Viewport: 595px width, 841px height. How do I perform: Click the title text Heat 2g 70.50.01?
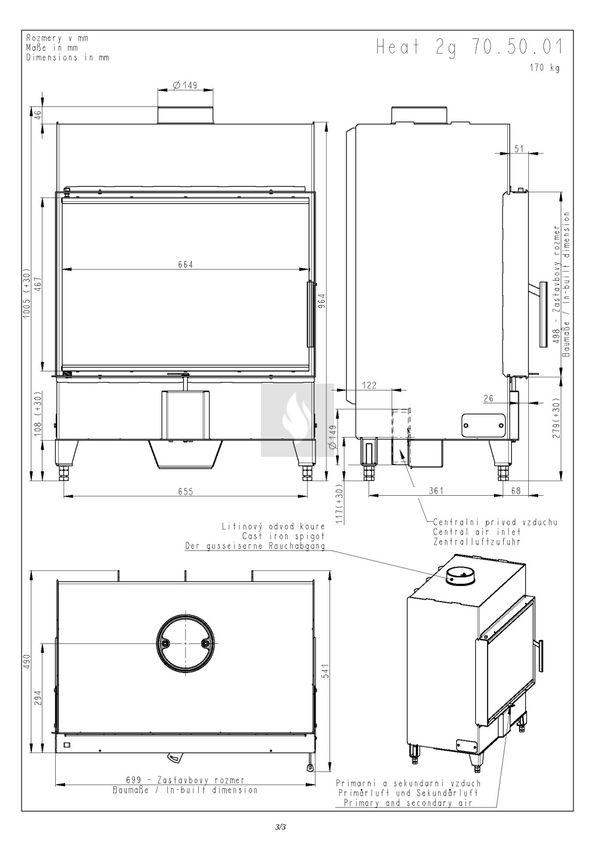pos(469,48)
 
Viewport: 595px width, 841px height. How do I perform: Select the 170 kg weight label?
pos(544,68)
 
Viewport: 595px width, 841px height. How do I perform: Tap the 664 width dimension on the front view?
pos(185,264)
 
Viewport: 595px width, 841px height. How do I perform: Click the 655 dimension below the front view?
pos(185,492)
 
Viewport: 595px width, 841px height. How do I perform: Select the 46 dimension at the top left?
pos(38,114)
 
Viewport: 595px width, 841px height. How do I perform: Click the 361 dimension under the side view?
pos(436,491)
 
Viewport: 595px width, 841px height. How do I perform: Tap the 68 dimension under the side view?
pos(516,491)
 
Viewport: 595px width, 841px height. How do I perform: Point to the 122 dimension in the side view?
pos(370,385)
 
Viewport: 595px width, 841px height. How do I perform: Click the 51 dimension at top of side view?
pos(519,149)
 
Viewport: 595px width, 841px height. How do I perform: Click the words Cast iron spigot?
pos(284,536)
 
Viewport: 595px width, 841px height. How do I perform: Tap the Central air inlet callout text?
pos(476,532)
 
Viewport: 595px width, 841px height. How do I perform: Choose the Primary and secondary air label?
pos(408,803)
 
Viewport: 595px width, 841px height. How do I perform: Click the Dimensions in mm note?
pos(67,58)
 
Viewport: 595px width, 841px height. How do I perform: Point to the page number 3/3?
pos(281,826)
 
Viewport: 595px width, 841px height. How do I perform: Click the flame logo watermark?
pos(297,420)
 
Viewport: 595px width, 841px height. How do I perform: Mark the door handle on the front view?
pos(310,314)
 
